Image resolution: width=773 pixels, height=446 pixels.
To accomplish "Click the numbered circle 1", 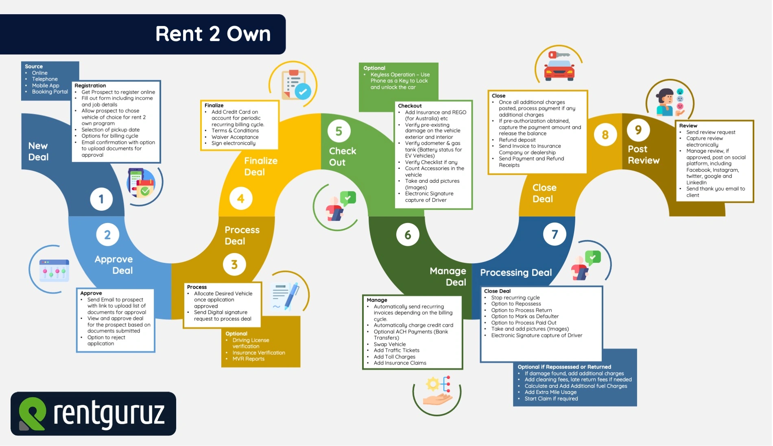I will point(101,199).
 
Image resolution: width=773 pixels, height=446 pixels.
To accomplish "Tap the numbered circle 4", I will point(241,199).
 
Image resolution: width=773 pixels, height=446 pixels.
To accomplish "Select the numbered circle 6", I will point(408,234).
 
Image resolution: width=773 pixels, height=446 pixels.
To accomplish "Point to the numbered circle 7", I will point(555,234).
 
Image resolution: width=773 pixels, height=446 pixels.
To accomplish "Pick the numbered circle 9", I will point(638,130).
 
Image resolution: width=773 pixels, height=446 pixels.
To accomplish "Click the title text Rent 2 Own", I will point(213,34).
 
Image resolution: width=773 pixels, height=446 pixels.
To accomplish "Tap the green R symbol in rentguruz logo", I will point(32,413).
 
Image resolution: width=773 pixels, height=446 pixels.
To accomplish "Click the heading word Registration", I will point(90,85).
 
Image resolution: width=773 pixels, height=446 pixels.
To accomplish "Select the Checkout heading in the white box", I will point(410,106).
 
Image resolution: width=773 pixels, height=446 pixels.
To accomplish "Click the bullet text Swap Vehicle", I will point(390,344).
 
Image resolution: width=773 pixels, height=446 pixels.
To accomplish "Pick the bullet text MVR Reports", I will point(249,359).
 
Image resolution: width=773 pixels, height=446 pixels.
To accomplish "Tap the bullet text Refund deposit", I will point(517,140).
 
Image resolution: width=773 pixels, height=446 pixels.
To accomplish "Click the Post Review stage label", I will point(643,155).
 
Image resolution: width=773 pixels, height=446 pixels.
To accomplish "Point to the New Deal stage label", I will point(38,151).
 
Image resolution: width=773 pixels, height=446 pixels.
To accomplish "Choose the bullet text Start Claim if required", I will point(551,399).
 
